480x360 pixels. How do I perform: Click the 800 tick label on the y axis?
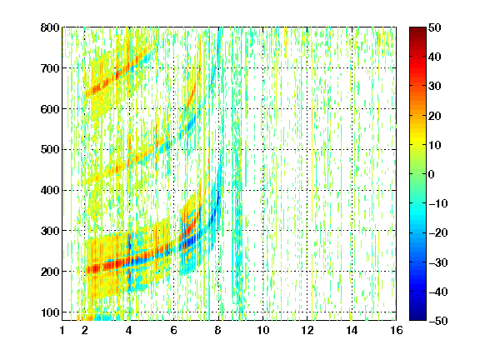[x=50, y=27]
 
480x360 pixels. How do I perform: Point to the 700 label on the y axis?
[x=50, y=68]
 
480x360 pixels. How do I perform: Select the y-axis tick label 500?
[x=50, y=150]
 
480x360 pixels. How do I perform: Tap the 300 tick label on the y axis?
[x=50, y=231]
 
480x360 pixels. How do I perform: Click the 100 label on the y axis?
[x=50, y=312]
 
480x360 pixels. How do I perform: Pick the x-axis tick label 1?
[x=62, y=330]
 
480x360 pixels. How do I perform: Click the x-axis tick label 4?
[x=129, y=330]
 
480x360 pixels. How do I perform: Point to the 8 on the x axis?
[x=218, y=330]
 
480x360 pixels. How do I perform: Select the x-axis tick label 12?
[x=307, y=330]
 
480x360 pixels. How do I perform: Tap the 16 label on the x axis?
[x=397, y=330]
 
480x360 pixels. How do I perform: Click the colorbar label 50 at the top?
[x=434, y=27]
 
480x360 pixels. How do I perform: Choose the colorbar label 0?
[x=432, y=174]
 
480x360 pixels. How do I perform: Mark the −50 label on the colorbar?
[x=438, y=321]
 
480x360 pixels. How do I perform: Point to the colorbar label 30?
[x=434, y=87]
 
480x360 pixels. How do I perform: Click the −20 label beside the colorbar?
[x=438, y=232]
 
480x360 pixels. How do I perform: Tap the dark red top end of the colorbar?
[x=417, y=29]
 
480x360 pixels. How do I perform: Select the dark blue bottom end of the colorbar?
[x=417, y=318]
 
